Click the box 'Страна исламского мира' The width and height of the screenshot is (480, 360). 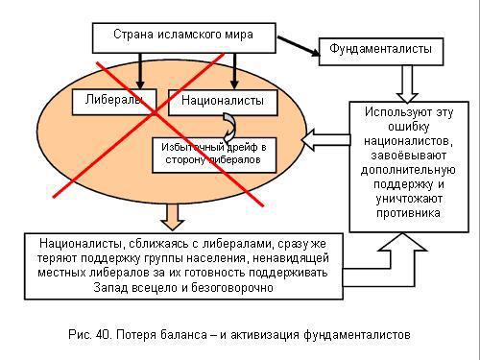click(185, 36)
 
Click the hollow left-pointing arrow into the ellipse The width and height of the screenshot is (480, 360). click(324, 141)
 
